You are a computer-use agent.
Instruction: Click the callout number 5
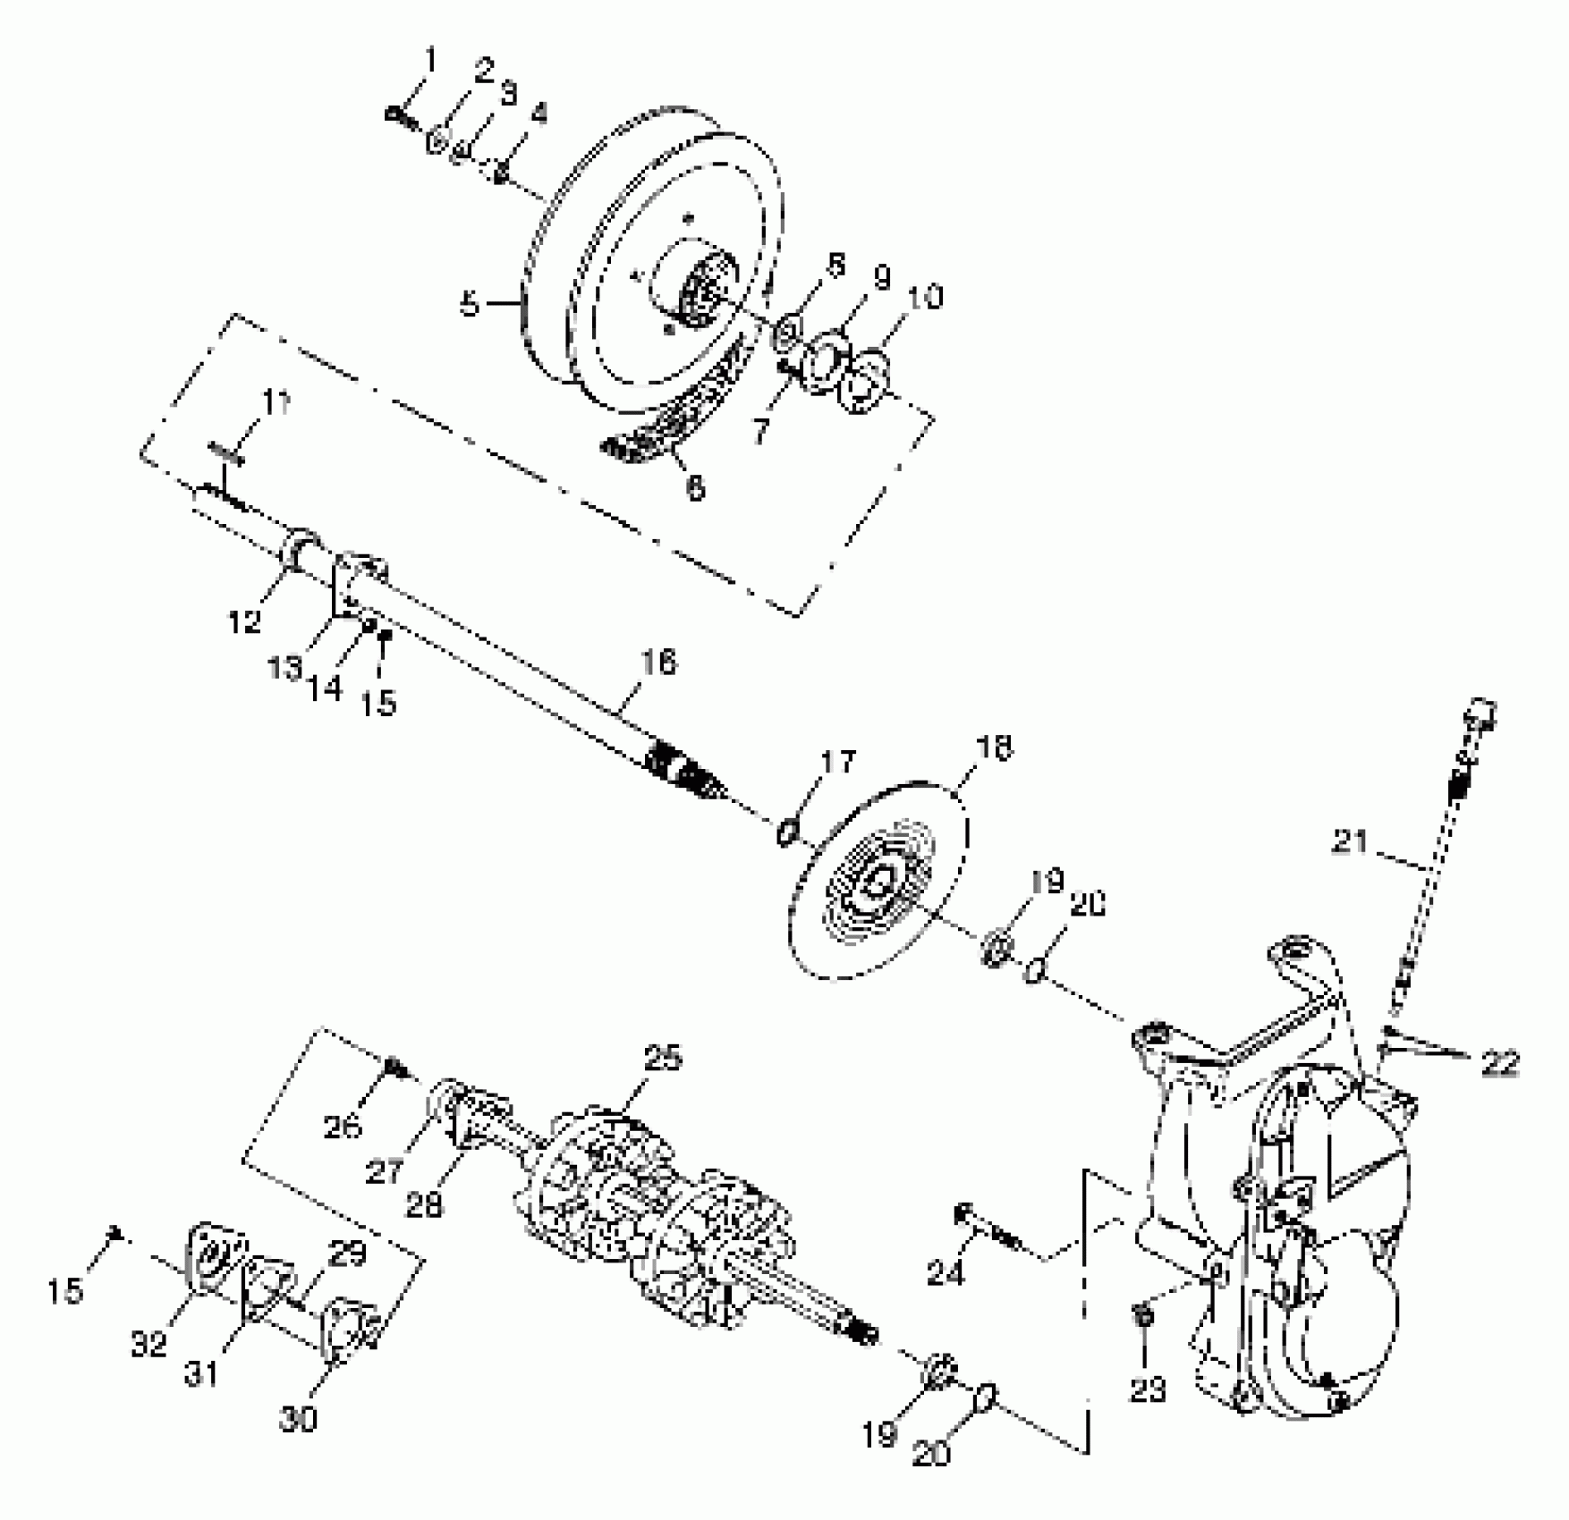coord(470,305)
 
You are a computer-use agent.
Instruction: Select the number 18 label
coord(993,748)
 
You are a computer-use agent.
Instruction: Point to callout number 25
coord(662,1059)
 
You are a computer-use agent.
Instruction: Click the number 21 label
coord(1350,841)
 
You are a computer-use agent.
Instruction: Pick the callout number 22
coord(1500,1063)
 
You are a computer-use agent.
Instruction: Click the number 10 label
coord(926,297)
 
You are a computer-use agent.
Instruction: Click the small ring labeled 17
coord(786,833)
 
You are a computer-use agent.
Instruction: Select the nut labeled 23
coord(1141,1313)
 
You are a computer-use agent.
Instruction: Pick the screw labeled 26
coord(392,1067)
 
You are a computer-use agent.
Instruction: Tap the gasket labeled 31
coord(263,1285)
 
